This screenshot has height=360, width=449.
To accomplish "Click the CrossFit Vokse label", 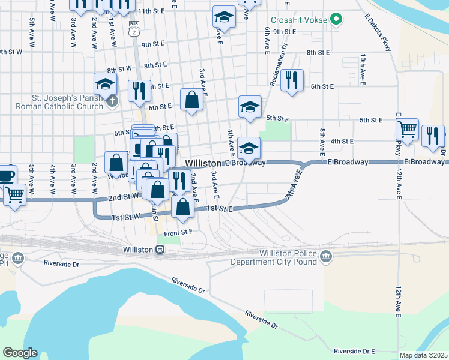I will click(x=298, y=20).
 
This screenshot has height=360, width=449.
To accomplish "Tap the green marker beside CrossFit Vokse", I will click(x=336, y=20).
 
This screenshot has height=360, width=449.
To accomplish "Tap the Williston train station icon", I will click(x=160, y=250).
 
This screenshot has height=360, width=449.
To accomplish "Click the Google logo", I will click(x=20, y=353).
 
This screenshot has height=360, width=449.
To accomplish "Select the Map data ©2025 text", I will click(x=423, y=355).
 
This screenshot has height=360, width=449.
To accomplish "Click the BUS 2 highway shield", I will click(x=133, y=28).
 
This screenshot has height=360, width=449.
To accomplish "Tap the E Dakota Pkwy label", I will click(x=377, y=33).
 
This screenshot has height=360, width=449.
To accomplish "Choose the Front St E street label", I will click(x=178, y=231).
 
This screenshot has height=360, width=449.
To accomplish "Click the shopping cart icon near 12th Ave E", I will click(x=408, y=129).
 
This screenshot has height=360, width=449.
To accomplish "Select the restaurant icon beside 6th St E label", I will click(x=292, y=80).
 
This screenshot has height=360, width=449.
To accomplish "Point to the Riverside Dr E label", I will click(x=354, y=350).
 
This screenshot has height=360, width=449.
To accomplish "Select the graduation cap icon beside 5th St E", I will click(x=250, y=107).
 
